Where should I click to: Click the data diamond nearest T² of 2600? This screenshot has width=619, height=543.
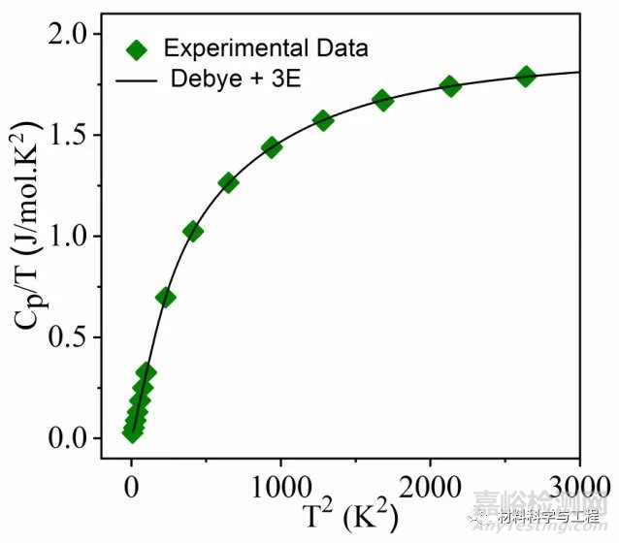(526, 76)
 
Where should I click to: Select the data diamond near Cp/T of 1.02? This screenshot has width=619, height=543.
(193, 231)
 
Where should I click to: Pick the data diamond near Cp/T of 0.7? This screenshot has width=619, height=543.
(166, 297)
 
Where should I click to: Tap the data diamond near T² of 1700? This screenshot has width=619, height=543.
(382, 100)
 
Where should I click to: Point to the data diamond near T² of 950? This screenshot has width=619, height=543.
(272, 147)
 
